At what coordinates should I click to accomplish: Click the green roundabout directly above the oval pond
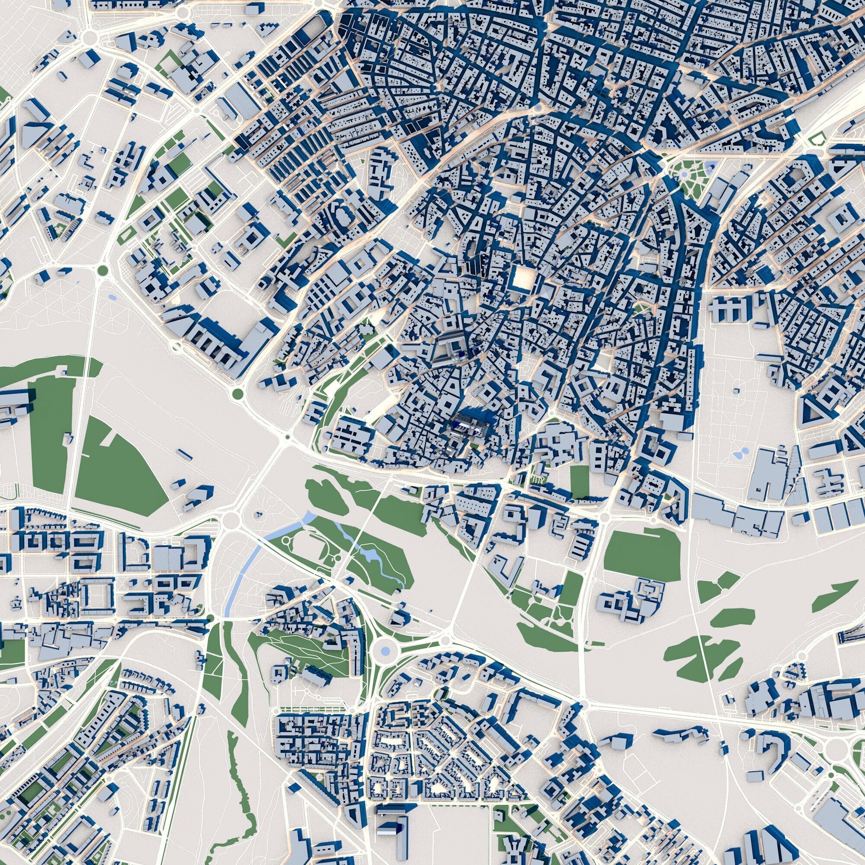click(103, 270)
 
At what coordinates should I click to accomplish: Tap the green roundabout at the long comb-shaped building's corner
click(237, 394)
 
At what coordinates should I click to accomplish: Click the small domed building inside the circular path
click(258, 515)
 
